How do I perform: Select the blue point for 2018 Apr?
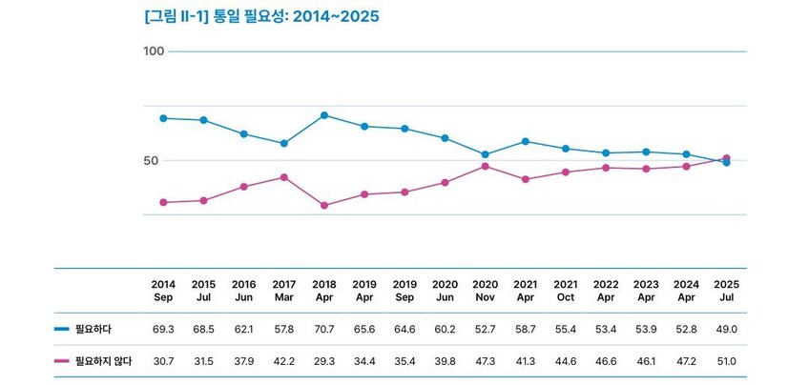(325, 115)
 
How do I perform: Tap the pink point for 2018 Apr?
(325, 205)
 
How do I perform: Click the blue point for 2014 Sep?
(164, 118)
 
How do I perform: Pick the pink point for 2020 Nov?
(486, 166)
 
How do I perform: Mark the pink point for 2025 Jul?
(727, 158)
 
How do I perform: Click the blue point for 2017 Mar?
(284, 144)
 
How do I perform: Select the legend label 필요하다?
(93, 328)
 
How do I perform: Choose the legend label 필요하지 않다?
(104, 360)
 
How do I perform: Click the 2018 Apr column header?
(324, 291)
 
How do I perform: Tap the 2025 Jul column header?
(727, 291)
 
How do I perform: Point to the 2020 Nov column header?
(486, 291)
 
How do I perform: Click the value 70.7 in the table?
(324, 328)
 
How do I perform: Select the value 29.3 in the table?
(324, 360)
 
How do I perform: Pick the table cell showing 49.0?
(727, 328)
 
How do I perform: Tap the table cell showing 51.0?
(727, 360)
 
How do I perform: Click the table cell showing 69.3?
(163, 328)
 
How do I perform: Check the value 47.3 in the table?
(486, 360)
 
